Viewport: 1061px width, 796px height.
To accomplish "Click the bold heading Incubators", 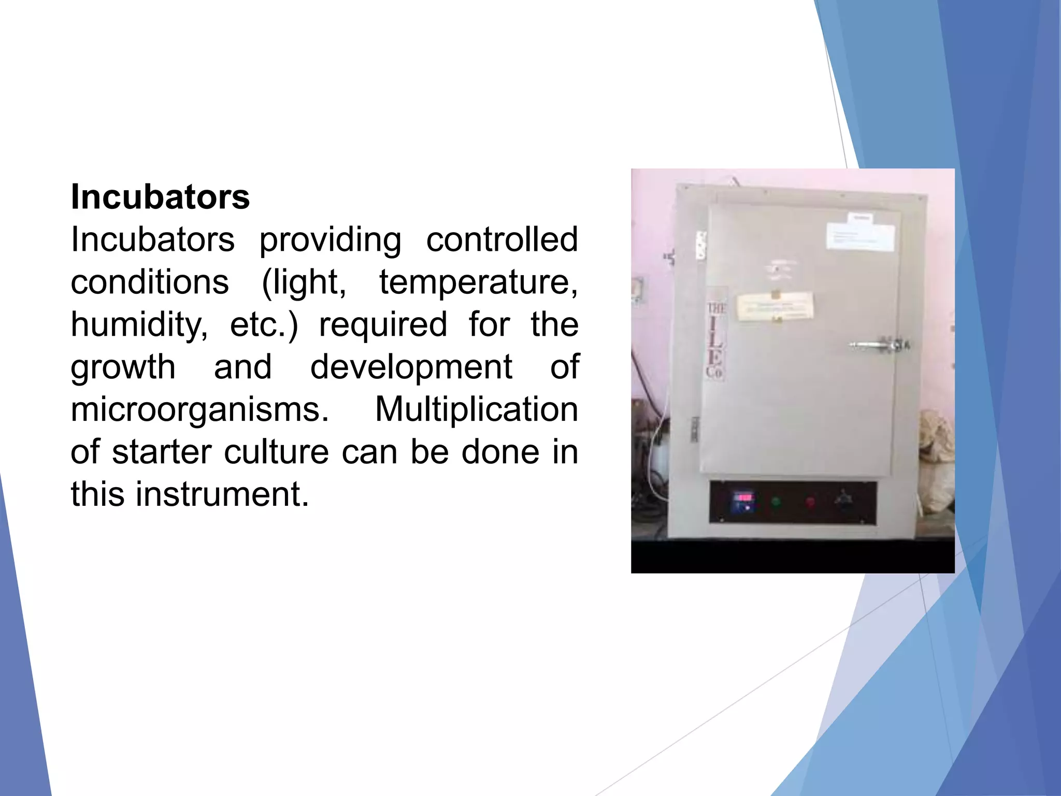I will [160, 197].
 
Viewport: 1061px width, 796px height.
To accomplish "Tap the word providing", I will [330, 240].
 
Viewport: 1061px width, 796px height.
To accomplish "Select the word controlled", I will [501, 239].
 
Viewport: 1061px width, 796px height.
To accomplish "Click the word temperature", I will [478, 282].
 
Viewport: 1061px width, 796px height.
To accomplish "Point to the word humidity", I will [139, 325].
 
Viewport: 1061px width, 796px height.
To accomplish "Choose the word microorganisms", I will [199, 409].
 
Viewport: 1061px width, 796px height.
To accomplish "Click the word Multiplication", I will [476, 409].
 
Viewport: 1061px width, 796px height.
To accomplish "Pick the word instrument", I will [222, 494].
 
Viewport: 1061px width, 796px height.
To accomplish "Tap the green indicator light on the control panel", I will [776, 502].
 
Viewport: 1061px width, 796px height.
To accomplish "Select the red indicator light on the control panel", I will [810, 502].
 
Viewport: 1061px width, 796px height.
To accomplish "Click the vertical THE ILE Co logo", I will [716, 340].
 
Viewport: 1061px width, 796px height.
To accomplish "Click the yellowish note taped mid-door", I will [775, 306].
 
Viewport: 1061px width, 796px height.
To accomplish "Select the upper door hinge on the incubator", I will [701, 245].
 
